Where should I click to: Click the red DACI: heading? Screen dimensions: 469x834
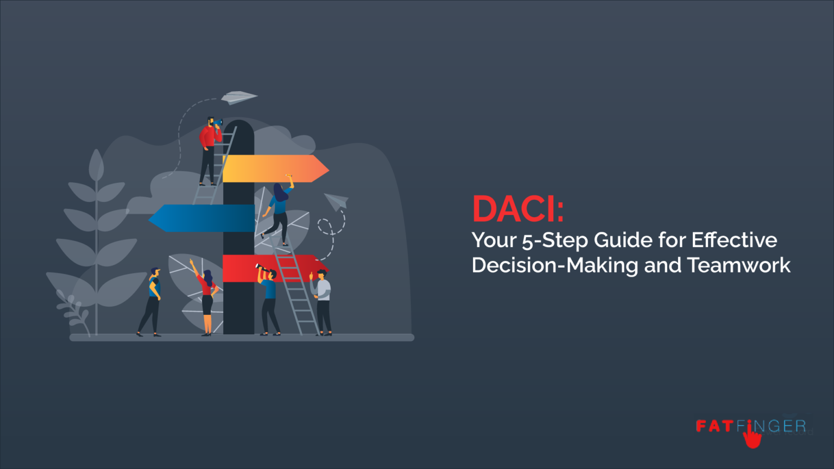[x=517, y=209]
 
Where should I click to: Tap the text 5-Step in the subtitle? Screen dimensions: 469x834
[x=555, y=240]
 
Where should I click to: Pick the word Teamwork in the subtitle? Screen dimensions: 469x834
[x=738, y=265]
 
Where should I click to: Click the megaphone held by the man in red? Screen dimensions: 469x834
[x=218, y=123]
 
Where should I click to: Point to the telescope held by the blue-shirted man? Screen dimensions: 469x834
[x=263, y=268]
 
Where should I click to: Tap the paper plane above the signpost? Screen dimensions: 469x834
[x=238, y=97]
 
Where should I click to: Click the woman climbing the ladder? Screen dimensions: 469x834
[x=279, y=212]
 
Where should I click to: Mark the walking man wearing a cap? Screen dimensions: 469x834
[x=151, y=301]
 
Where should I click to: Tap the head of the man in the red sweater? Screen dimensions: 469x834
[x=211, y=121]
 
